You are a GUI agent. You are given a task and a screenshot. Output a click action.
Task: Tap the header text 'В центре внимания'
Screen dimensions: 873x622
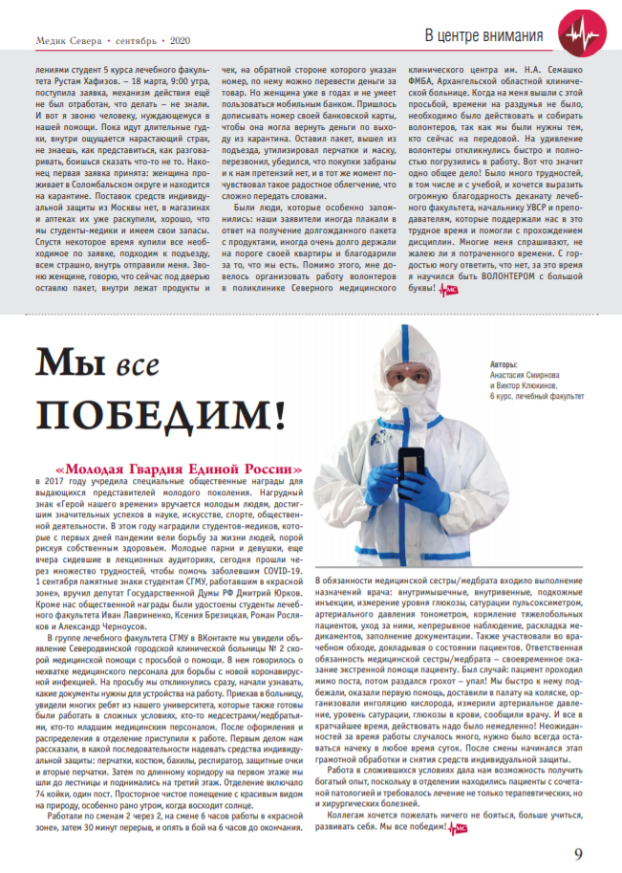[x=483, y=36]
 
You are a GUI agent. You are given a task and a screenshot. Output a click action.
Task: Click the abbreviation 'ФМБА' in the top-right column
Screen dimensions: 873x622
[x=422, y=82]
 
